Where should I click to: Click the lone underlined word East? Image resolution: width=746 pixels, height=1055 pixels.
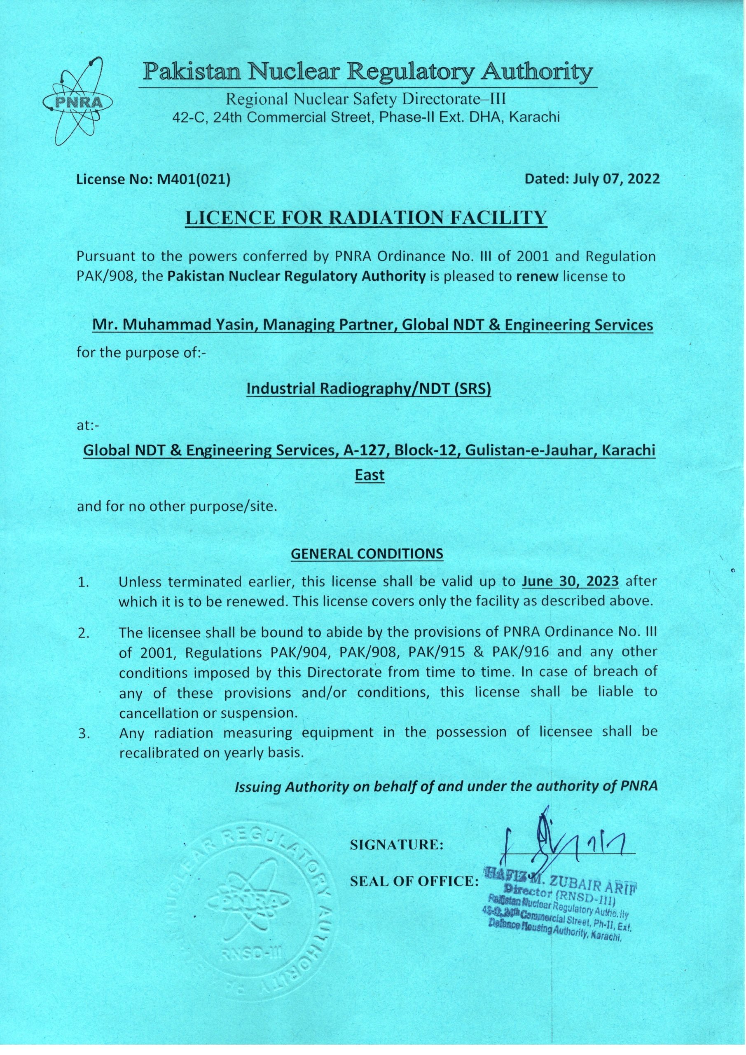pos(370,475)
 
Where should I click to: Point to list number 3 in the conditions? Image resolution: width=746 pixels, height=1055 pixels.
pos(83,734)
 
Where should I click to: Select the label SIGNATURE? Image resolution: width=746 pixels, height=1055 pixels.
pos(396,844)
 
